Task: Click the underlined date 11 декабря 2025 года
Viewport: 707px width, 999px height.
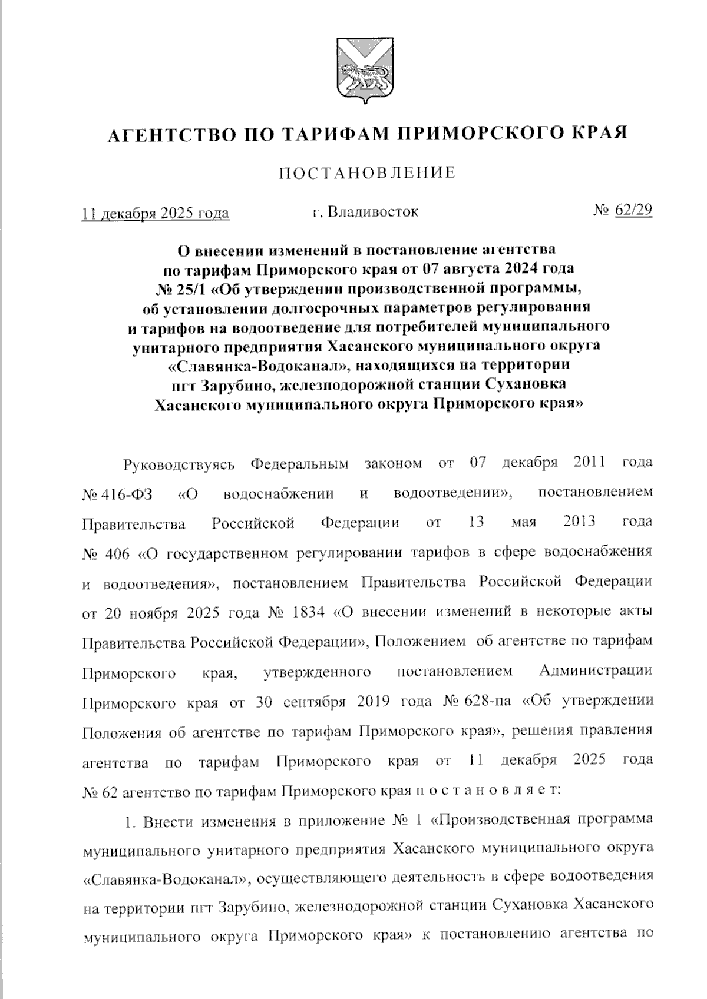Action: [x=156, y=213]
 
